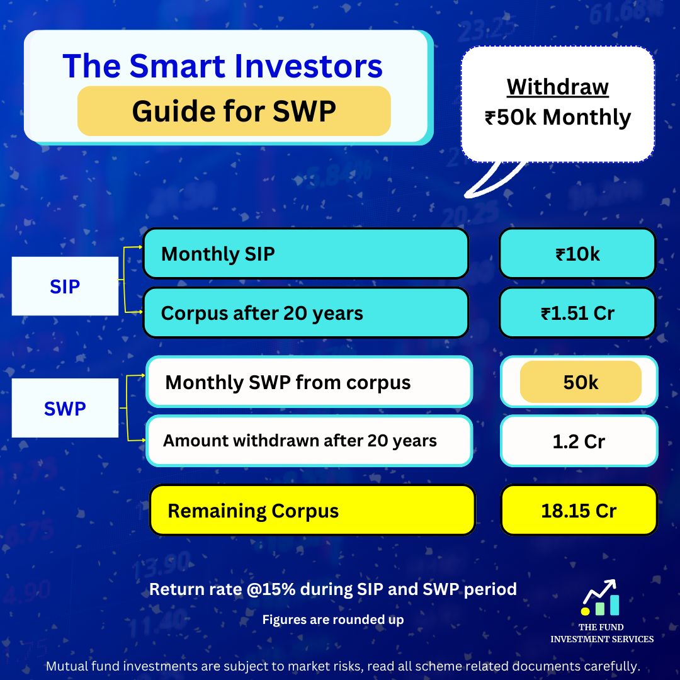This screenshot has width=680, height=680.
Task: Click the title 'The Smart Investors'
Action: (223, 66)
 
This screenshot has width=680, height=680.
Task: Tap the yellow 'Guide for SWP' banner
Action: (234, 111)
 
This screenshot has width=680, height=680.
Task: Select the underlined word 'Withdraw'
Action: (558, 87)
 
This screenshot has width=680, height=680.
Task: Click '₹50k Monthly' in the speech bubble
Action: (558, 118)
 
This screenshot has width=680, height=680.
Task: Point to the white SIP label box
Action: (65, 286)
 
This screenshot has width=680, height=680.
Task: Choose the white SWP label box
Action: (65, 409)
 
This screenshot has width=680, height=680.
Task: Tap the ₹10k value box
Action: (577, 254)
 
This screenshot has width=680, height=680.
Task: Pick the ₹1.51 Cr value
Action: (577, 313)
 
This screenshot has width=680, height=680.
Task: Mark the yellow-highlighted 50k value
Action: (581, 382)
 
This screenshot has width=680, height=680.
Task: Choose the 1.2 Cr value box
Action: (579, 441)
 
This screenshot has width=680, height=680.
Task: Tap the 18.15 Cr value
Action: (579, 511)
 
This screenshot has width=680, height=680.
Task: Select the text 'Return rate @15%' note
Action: (332, 589)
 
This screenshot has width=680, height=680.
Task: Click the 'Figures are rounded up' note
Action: (332, 620)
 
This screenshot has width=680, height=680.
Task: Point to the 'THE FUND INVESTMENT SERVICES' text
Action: (602, 633)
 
